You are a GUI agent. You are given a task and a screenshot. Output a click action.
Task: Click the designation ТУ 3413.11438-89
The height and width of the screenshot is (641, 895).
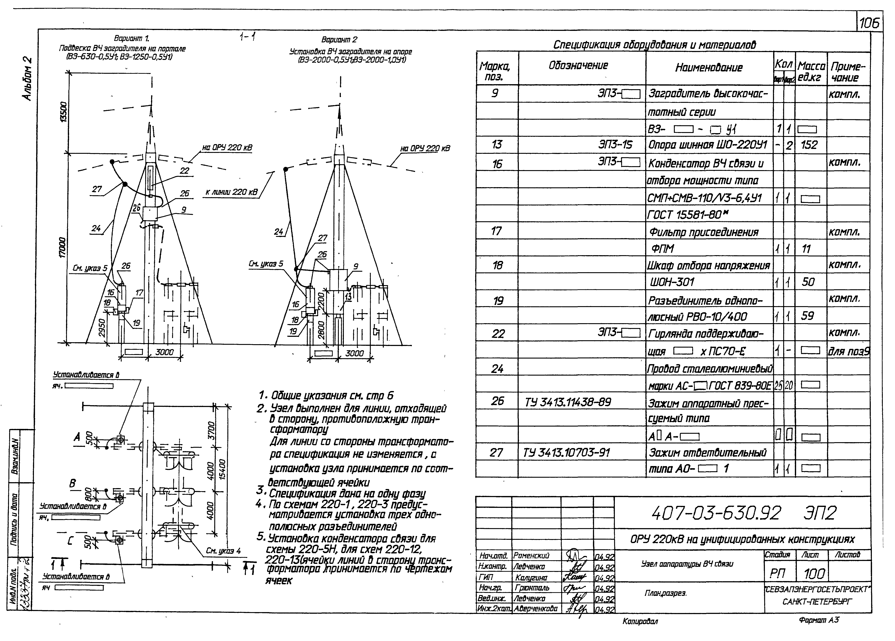567,402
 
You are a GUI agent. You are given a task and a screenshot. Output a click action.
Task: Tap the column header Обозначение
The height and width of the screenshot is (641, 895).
578,65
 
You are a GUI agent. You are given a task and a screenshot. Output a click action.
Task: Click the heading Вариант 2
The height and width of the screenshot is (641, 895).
339,39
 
